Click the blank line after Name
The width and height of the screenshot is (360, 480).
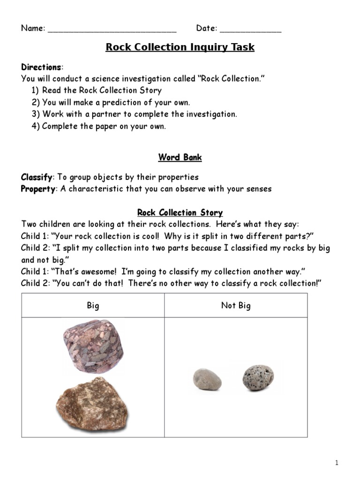tap(112, 29)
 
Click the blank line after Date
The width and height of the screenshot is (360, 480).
tap(250, 29)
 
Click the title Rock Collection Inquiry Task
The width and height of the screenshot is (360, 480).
tap(180, 47)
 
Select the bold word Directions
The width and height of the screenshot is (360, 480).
tap(41, 67)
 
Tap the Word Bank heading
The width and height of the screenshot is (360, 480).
tap(180, 157)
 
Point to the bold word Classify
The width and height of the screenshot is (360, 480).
tap(37, 177)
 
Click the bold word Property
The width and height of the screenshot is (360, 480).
tap(38, 189)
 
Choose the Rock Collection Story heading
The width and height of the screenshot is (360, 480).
tap(180, 213)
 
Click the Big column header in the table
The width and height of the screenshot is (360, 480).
tap(93, 306)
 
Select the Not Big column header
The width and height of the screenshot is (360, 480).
tap(236, 306)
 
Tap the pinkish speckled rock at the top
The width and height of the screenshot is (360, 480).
tap(93, 345)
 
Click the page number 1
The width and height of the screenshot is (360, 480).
tap(337, 463)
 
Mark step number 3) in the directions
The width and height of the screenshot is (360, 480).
tap(36, 114)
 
